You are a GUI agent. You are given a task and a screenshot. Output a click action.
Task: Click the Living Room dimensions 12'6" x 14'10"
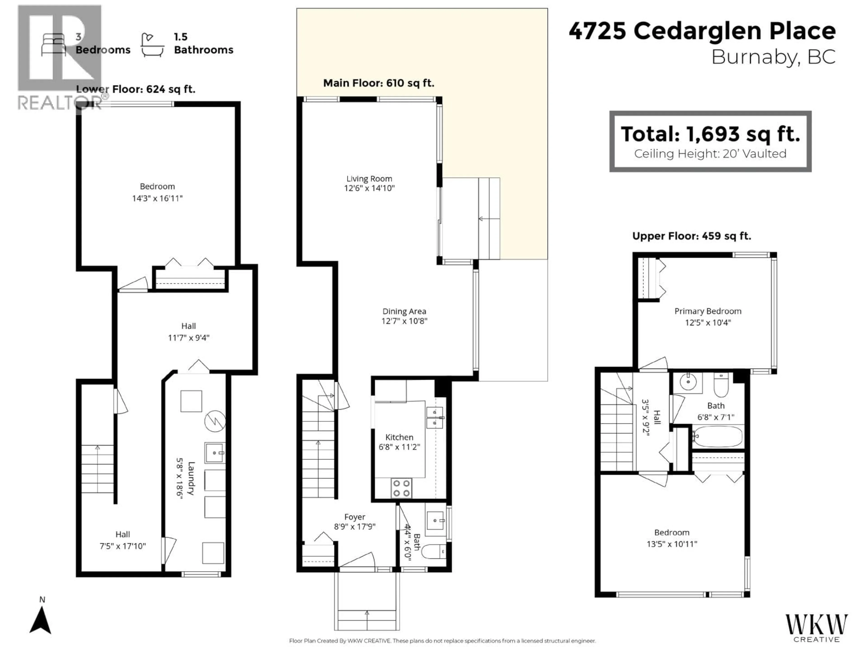point(369,188)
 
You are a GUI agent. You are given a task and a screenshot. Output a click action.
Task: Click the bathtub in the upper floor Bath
point(717,436)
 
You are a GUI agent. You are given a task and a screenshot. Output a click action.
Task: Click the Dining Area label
point(404,311)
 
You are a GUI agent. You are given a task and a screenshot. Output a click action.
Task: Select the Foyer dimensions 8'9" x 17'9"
point(355,527)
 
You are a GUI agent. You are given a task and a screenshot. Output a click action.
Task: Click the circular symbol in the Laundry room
point(215,421)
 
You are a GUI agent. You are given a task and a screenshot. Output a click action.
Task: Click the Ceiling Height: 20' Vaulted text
point(710,154)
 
